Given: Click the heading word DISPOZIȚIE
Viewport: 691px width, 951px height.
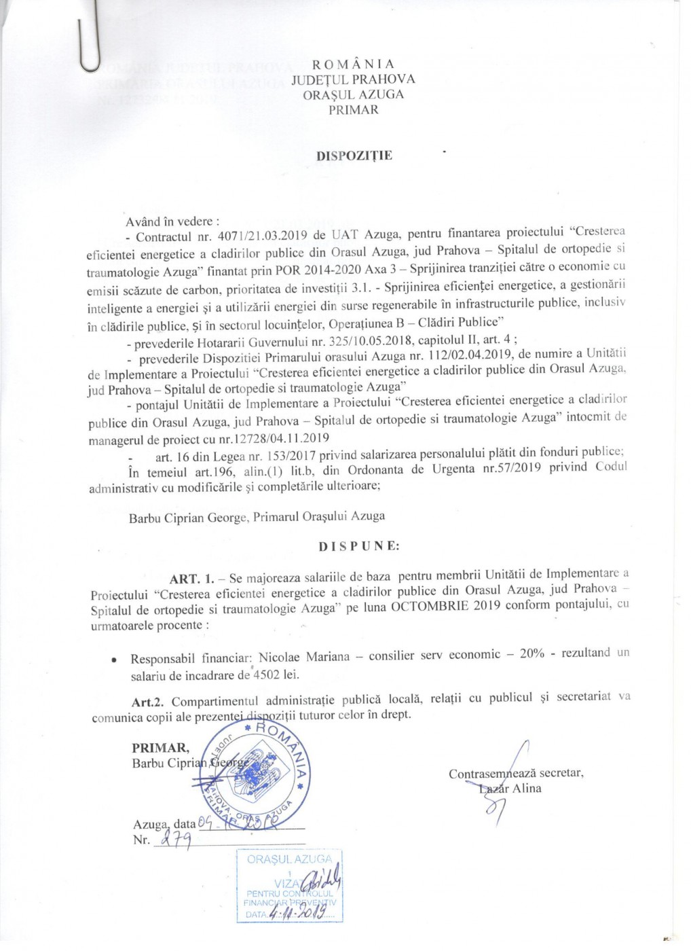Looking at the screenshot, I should click(354, 156).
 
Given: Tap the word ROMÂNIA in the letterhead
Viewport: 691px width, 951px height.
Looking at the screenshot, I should click(353, 64).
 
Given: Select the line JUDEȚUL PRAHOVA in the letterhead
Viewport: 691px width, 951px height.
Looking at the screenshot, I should click(353, 79).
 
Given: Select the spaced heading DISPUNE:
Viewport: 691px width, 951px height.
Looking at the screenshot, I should click(359, 545).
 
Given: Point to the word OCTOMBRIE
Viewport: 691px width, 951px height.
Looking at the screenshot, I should click(430, 606).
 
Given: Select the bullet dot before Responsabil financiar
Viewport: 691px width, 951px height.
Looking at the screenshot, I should click(115, 660).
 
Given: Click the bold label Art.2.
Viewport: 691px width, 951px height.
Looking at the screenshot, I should click(149, 701).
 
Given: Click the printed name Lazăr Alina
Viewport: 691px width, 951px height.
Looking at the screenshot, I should click(510, 789).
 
